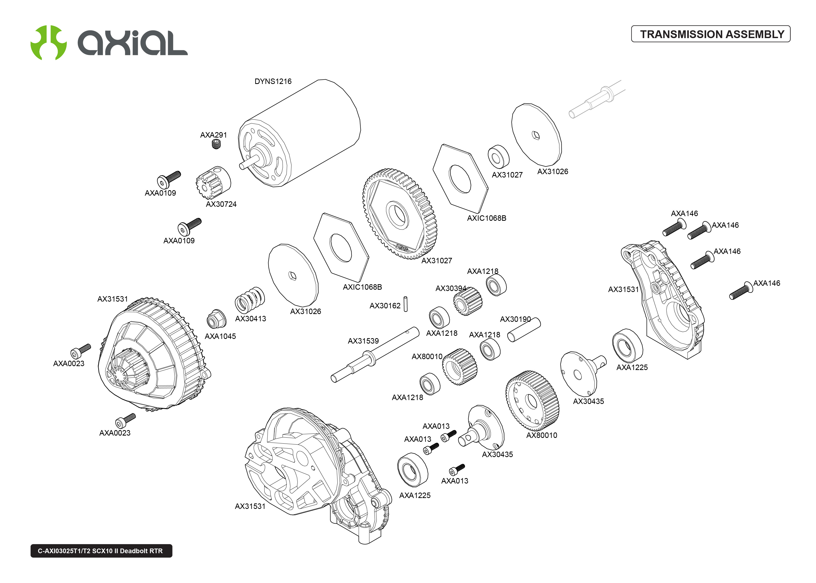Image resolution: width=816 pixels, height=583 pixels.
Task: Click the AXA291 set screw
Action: (216, 144)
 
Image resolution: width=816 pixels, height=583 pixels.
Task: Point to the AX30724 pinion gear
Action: (213, 182)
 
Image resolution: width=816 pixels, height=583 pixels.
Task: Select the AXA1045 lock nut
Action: (216, 319)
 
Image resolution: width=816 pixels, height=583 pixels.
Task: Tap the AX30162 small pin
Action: (405, 304)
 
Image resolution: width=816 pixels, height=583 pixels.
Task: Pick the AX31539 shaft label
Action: (363, 341)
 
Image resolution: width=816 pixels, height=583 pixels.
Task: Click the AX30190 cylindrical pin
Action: (524, 330)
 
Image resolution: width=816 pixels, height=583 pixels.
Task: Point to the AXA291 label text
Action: (213, 135)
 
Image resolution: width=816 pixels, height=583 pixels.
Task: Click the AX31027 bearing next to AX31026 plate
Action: (498, 157)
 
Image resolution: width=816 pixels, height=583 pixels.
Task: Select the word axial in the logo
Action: (133, 43)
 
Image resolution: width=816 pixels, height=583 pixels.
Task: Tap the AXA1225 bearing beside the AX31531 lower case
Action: (413, 470)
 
